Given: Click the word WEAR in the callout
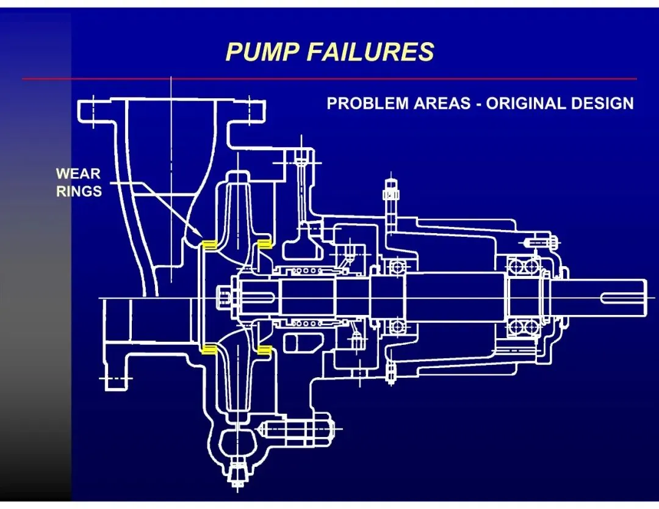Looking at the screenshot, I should point(78,174).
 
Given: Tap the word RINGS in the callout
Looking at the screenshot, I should point(79,191).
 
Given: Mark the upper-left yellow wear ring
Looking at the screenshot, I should point(209,245).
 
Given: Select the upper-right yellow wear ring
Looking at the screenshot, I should point(264,244).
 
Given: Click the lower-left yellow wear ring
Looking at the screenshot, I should point(209,350).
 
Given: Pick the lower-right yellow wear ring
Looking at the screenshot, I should point(264,350).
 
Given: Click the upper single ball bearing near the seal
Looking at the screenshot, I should point(398,267).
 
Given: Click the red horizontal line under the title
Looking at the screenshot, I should point(329,79).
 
